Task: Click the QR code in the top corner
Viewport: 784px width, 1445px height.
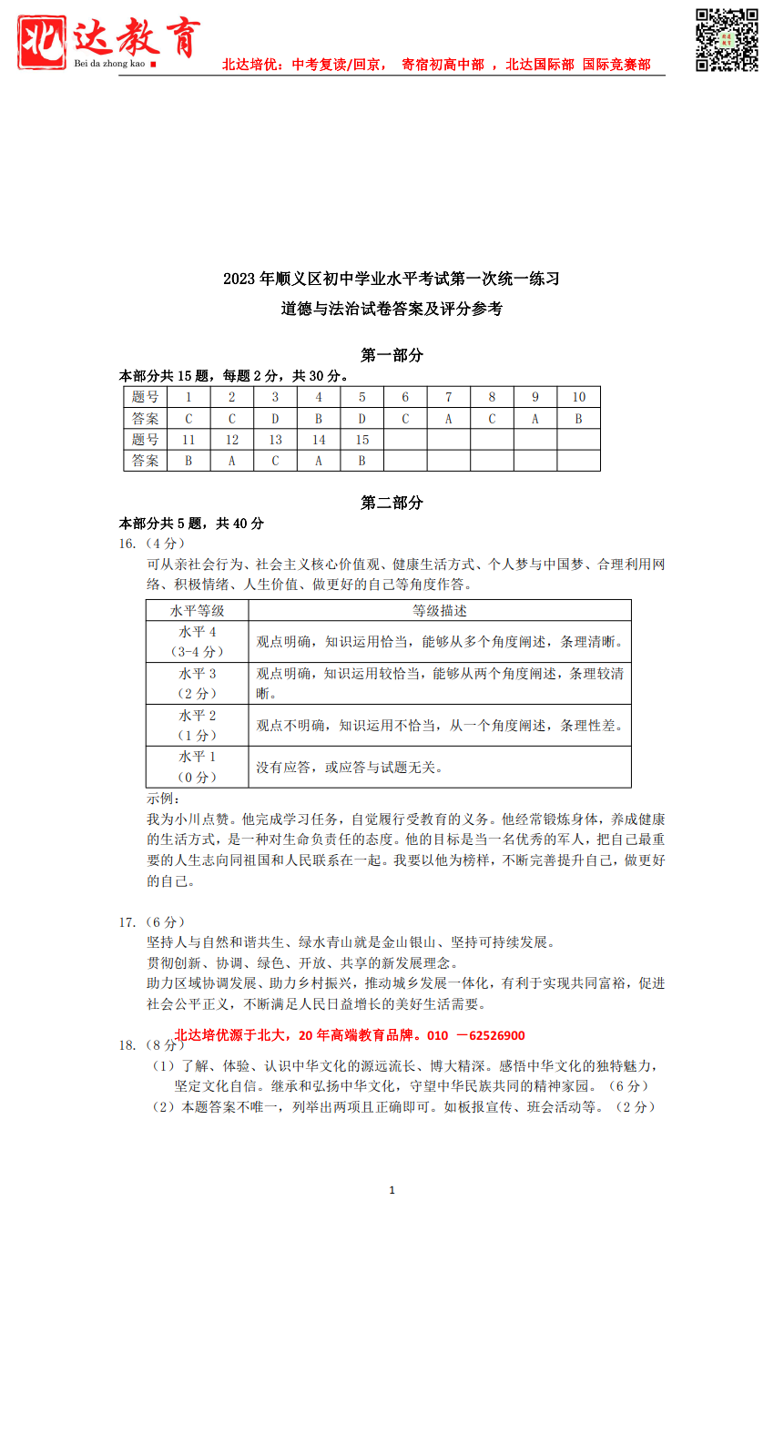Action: point(727,40)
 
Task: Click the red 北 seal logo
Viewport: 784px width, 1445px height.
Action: point(42,42)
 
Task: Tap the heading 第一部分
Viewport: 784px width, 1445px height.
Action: point(392,355)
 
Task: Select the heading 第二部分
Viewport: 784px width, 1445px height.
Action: point(392,503)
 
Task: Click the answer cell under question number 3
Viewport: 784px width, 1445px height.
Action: point(275,419)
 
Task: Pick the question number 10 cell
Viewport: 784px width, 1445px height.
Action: point(578,397)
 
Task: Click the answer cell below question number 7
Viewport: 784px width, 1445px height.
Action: point(448,419)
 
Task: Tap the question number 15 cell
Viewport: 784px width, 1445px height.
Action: point(361,440)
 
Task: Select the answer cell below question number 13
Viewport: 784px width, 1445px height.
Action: point(275,461)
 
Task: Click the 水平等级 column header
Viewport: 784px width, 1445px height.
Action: point(197,611)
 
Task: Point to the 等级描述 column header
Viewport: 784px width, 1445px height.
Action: point(439,611)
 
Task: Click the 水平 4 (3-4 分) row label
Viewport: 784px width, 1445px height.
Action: point(197,642)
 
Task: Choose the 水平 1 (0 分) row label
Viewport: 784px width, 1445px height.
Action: point(197,767)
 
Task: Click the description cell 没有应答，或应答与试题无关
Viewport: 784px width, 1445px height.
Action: point(349,768)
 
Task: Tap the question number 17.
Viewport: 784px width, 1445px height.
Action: point(127,922)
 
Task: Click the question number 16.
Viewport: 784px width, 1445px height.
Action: point(127,544)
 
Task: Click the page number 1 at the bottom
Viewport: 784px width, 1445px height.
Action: point(392,1190)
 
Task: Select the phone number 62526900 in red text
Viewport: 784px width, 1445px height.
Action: point(497,1035)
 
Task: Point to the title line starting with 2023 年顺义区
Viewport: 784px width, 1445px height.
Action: point(392,279)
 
